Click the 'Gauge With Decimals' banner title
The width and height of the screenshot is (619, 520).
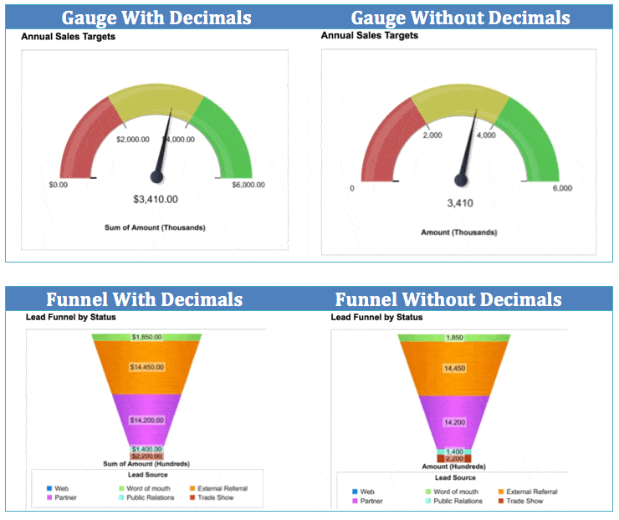pyautogui.click(x=156, y=18)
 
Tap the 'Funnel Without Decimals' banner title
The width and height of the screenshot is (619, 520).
pyautogui.click(x=448, y=299)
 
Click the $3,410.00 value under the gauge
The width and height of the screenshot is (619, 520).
pyautogui.click(x=156, y=199)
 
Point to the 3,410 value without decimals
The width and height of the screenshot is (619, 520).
pyautogui.click(x=460, y=202)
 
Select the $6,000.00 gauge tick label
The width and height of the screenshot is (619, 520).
pyautogui.click(x=248, y=185)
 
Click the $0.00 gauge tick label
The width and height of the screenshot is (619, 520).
pyautogui.click(x=58, y=185)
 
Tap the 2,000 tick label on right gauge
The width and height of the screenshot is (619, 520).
pyautogui.click(x=432, y=135)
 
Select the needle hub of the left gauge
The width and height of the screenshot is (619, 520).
pyautogui.click(x=156, y=176)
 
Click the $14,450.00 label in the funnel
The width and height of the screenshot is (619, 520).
pyautogui.click(x=147, y=366)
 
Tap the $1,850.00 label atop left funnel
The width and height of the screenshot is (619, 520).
pyautogui.click(x=147, y=337)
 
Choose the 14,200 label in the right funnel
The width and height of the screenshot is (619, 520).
pyautogui.click(x=454, y=422)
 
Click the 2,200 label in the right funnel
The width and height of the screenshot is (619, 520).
pyautogui.click(x=454, y=459)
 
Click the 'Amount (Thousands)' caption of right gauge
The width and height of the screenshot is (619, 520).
pyautogui.click(x=459, y=232)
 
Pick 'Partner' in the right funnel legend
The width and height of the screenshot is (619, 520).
pyautogui.click(x=372, y=501)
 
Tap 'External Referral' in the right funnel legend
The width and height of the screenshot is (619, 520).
pyautogui.click(x=532, y=492)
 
